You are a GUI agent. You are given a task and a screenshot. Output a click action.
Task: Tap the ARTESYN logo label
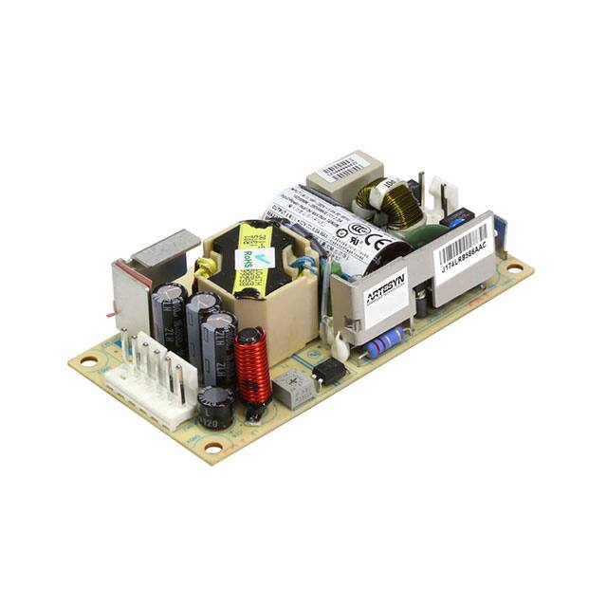(387, 286)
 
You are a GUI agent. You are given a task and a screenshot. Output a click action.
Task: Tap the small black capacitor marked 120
(214, 406)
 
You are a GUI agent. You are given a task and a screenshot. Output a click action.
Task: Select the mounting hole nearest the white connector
(88, 360)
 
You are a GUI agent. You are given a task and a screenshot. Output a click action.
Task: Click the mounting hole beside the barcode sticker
(514, 268)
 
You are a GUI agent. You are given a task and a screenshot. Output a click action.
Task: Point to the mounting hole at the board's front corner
(213, 446)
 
